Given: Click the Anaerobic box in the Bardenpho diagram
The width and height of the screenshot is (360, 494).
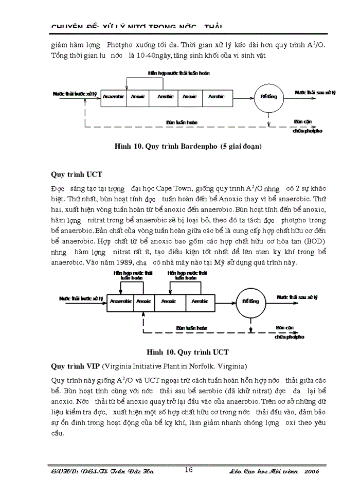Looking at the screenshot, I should coord(113,97).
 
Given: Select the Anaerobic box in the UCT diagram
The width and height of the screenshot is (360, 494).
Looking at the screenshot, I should coord(121,302).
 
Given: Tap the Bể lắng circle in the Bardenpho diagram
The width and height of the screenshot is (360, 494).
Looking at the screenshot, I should coord(268,97).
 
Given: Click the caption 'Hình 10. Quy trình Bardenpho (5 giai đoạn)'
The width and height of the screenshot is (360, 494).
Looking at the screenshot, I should coord(188,147).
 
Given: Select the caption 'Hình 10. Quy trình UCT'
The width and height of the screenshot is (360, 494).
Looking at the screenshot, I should coord(187,352).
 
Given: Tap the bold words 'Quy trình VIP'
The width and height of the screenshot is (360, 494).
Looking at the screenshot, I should coord(76,366).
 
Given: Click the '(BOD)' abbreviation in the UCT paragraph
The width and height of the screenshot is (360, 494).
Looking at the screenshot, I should coord(315,240).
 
